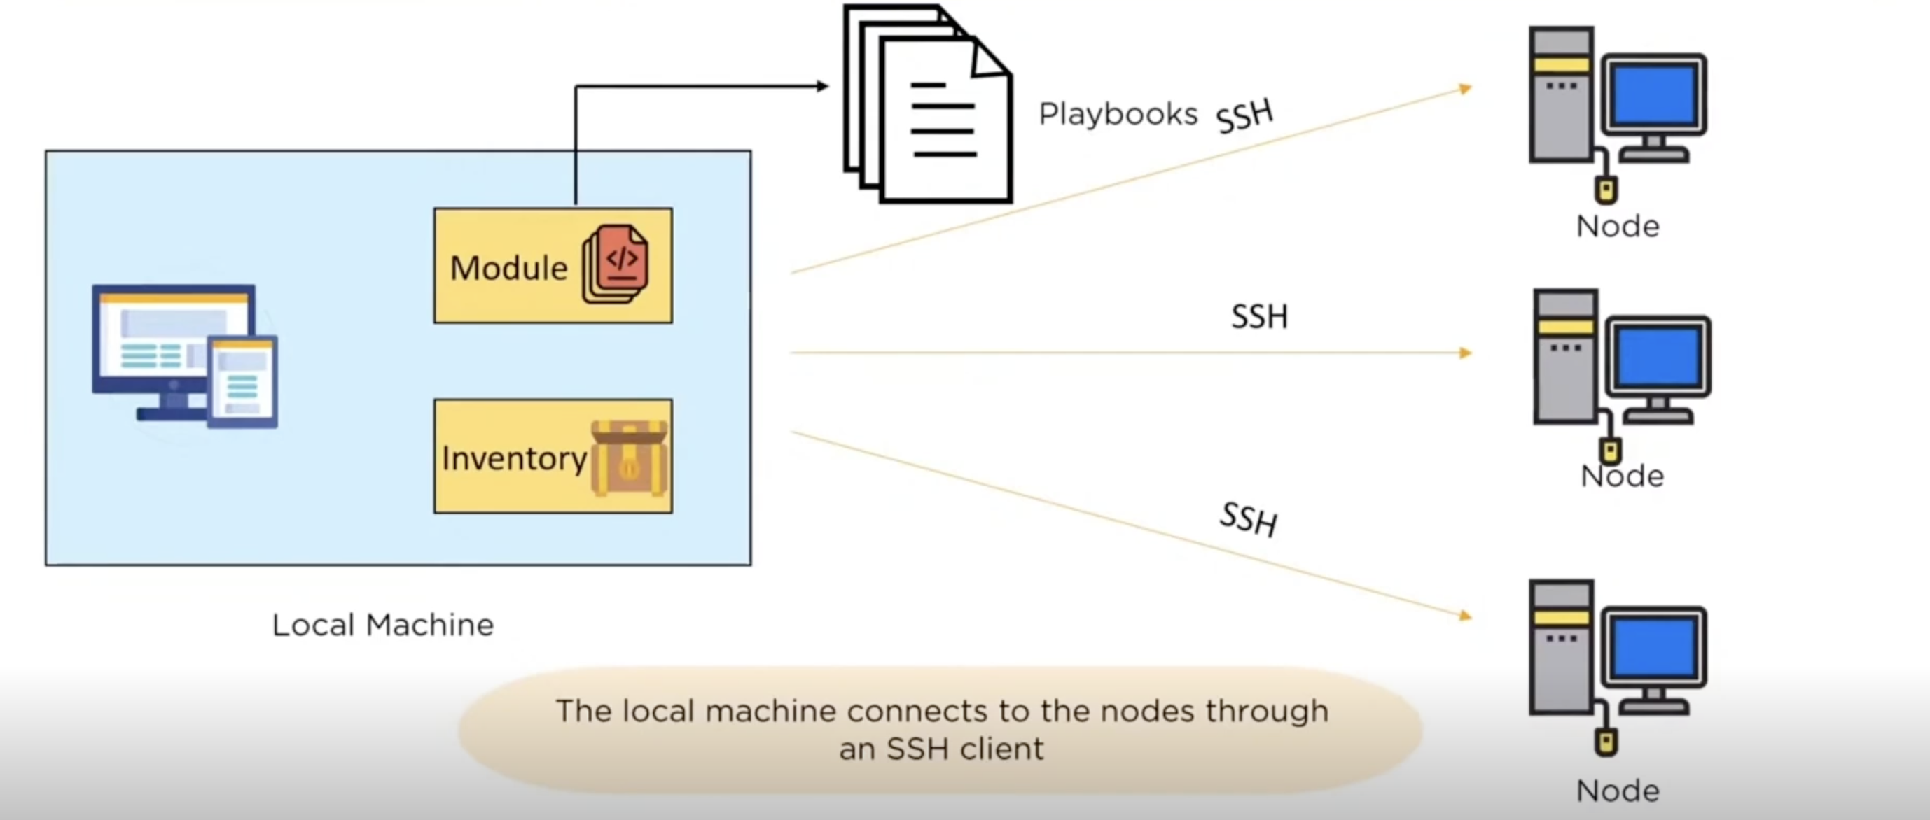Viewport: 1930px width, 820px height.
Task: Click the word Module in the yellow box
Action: pyautogui.click(x=508, y=268)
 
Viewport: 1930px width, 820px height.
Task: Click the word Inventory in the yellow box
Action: pyautogui.click(x=514, y=458)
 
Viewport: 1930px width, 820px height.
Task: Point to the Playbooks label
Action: pyautogui.click(x=1118, y=115)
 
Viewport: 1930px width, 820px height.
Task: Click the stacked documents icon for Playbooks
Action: pyautogui.click(x=929, y=105)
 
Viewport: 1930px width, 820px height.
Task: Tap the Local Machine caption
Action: pyautogui.click(x=383, y=625)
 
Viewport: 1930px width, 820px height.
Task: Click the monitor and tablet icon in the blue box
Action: pyautogui.click(x=184, y=355)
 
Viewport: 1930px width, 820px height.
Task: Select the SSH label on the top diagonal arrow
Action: pyautogui.click(x=1244, y=116)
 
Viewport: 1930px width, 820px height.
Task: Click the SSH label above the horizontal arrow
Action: pyautogui.click(x=1259, y=317)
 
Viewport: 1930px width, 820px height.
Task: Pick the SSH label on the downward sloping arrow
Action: pyautogui.click(x=1249, y=519)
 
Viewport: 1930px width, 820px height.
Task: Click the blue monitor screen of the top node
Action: pyautogui.click(x=1653, y=94)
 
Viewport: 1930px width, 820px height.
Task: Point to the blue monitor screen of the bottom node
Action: pyautogui.click(x=1653, y=648)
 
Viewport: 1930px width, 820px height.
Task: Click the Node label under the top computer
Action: pyautogui.click(x=1618, y=226)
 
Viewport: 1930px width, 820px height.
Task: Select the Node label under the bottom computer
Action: pyautogui.click(x=1618, y=791)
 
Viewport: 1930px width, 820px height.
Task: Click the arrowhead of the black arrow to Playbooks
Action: pyautogui.click(x=822, y=86)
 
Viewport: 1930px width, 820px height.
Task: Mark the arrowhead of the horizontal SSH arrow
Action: pyautogui.click(x=1466, y=353)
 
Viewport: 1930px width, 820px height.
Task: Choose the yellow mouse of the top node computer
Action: pyautogui.click(x=1606, y=190)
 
